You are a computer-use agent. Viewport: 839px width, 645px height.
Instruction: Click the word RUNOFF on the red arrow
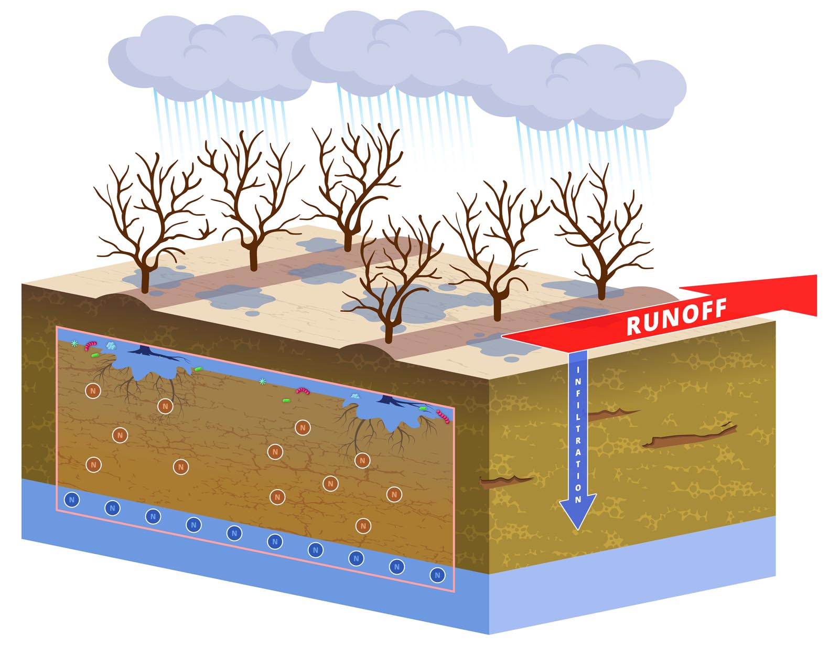[676, 316]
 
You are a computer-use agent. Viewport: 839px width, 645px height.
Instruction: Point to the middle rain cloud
[399, 50]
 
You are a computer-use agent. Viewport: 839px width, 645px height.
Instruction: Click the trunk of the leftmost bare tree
[145, 278]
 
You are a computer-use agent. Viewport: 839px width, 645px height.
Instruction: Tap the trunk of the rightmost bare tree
[601, 286]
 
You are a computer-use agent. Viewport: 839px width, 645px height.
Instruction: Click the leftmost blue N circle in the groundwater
[72, 500]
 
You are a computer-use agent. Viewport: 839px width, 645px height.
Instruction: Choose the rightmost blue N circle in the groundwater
[437, 575]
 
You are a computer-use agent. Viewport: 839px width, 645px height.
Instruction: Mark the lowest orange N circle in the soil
[363, 525]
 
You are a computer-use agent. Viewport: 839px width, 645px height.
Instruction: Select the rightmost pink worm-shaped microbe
[443, 417]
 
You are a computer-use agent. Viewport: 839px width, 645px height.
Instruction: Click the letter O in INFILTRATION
[578, 487]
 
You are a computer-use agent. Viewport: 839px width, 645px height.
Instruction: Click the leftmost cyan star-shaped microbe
[74, 344]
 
